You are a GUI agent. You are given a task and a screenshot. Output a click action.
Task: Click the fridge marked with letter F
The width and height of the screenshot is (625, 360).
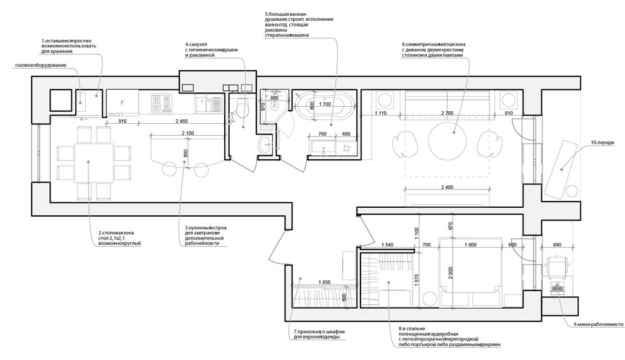122,102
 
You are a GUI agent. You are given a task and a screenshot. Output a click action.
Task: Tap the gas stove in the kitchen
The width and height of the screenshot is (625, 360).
162,103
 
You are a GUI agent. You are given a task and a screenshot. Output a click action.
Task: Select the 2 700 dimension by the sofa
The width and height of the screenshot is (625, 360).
447,113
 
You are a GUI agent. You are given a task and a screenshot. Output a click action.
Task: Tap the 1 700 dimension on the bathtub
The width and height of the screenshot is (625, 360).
325,105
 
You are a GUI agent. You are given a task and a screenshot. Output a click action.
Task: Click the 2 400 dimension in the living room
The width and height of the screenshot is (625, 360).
447,187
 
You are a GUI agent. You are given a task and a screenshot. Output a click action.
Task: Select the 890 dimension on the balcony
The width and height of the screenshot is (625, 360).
557,245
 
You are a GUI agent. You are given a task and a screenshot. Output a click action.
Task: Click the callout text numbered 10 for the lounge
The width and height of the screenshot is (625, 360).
602,142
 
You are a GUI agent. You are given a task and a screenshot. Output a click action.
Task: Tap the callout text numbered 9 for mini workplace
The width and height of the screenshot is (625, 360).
598,325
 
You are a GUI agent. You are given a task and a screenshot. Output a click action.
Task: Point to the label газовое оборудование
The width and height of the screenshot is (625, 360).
40,65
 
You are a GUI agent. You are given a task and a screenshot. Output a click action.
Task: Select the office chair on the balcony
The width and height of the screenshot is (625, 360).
557,268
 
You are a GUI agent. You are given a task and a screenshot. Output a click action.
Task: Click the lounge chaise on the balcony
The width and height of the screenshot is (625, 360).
561,169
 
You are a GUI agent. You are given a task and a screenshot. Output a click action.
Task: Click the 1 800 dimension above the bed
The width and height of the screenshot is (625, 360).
470,245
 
